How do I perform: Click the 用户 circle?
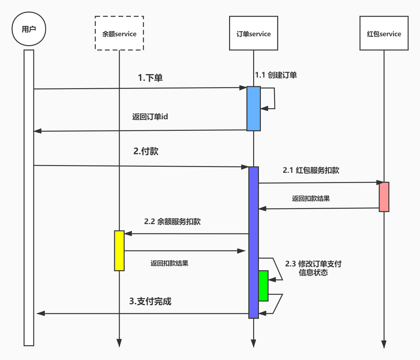point(29,29)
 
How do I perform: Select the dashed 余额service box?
point(119,33)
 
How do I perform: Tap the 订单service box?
point(253,33)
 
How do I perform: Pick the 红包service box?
point(384,33)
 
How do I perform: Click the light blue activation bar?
point(253,109)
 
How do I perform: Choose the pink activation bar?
point(384,197)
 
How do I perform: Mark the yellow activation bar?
point(119,251)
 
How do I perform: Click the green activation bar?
point(263,286)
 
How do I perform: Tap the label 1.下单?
point(150,78)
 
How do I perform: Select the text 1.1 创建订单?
point(276,75)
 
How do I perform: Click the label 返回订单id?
point(150,117)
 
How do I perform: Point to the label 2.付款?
point(146,151)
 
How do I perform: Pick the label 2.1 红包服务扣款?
point(311,170)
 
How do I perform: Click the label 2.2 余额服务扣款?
point(172,222)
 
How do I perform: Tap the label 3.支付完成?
point(150,301)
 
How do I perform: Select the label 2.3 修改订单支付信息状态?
point(313,268)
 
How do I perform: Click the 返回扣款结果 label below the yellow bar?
point(169,263)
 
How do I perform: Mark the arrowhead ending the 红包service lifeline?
point(384,344)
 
